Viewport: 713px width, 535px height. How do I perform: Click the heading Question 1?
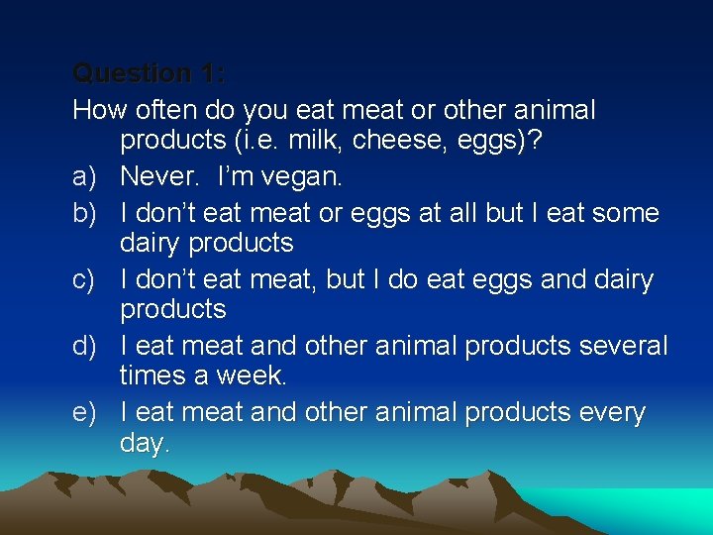(150, 73)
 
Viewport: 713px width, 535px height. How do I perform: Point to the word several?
(623, 346)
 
